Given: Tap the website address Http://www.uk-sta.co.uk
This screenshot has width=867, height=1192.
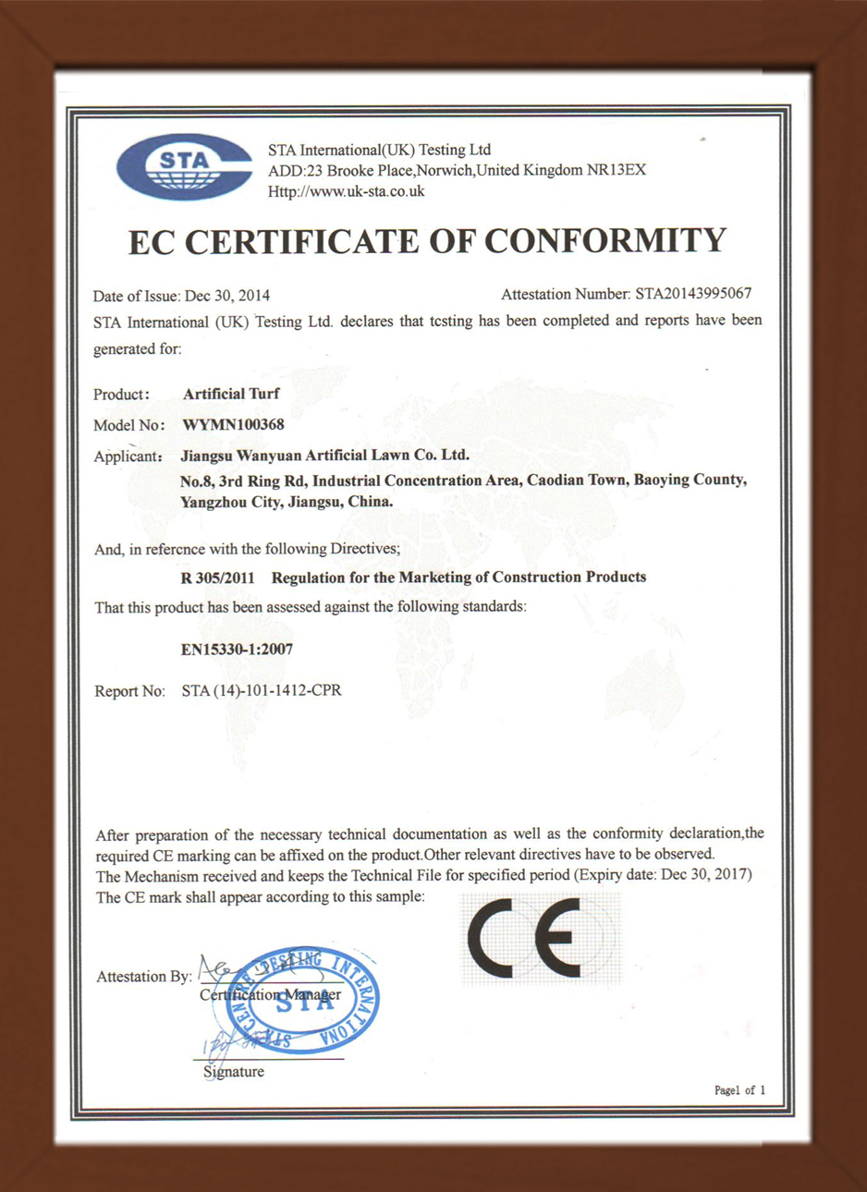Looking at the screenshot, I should [x=346, y=191].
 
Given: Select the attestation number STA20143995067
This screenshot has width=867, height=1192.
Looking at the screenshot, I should [x=692, y=294].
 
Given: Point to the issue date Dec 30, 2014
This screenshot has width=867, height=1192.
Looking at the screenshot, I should [x=227, y=296].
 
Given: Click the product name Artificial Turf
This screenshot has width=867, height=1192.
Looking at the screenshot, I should [x=231, y=394].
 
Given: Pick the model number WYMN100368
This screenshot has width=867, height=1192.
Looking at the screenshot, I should [x=233, y=425].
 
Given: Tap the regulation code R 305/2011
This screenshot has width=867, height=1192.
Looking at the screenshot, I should [x=218, y=577].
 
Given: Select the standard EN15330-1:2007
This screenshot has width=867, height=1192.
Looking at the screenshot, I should [x=237, y=650].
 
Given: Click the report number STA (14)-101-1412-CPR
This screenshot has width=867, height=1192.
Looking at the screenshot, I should [x=262, y=690].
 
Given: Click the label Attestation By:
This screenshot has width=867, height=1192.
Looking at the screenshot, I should [x=144, y=977].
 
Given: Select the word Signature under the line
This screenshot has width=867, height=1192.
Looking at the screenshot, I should [x=233, y=1072].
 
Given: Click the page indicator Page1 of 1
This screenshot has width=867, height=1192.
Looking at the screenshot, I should [x=739, y=1090].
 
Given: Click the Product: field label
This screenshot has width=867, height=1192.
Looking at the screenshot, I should [x=121, y=395].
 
